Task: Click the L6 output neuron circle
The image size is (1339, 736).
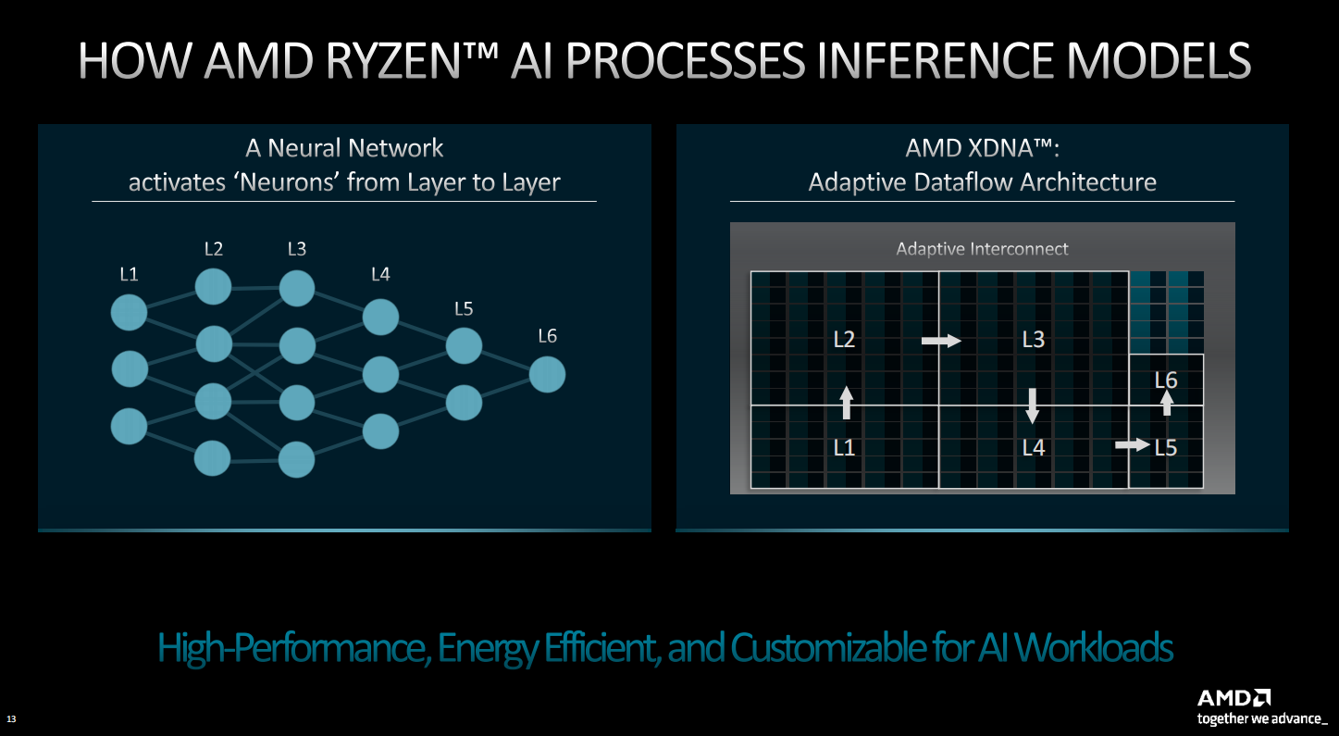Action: coord(547,375)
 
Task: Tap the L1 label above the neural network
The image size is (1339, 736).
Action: coord(130,274)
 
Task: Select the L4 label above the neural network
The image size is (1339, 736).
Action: coord(380,274)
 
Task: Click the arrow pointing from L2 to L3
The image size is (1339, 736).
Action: coord(941,341)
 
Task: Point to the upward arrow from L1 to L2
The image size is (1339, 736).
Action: coord(846,403)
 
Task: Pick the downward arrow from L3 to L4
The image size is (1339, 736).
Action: coord(1033,406)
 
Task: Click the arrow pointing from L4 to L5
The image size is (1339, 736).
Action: coord(1133,444)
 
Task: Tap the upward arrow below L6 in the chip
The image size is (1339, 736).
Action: coord(1167,403)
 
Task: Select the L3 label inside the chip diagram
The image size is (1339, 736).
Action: coord(1034,340)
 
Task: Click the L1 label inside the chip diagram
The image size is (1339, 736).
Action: coord(844,448)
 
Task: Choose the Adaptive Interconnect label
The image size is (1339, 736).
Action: coord(982,249)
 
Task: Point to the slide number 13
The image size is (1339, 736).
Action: coord(11,718)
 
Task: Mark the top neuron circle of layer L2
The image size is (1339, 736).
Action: coord(214,286)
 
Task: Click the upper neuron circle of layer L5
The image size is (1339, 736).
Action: coord(464,345)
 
